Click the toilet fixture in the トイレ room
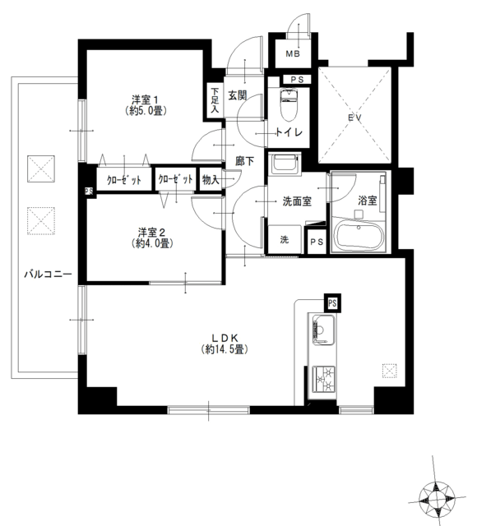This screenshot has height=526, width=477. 289,104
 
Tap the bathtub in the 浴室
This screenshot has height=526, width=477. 360,236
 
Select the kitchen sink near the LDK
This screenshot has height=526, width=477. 323,330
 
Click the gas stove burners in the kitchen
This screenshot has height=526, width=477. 323,379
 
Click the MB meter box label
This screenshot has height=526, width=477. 293,53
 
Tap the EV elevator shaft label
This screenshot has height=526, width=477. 354,118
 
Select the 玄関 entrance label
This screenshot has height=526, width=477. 238,95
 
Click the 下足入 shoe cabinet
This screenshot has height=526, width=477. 215,100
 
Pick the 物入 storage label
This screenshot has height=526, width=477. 211,180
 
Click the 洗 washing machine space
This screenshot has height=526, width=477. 285,239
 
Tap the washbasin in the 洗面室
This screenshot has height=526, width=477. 285,164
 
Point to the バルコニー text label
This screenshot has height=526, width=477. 48,275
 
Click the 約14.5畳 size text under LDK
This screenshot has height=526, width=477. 225,349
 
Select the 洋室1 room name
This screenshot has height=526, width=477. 145,99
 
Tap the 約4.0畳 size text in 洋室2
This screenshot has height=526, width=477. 152,243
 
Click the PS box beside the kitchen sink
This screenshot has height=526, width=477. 332,303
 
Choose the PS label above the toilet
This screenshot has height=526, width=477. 297,80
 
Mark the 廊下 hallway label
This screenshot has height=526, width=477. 244,161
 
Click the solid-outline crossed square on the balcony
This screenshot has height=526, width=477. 41,168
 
